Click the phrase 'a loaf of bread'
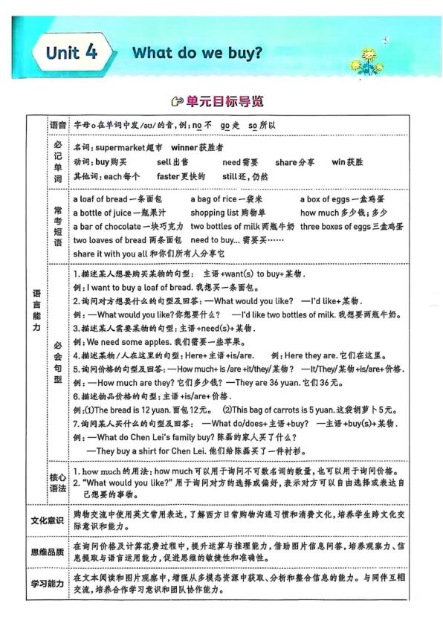tap(100, 199)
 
